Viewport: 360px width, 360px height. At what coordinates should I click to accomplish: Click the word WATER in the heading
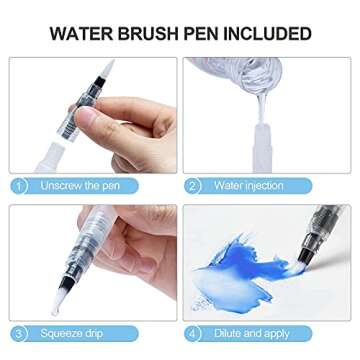(x=83, y=34)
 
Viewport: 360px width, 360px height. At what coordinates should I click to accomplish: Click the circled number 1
(x=21, y=186)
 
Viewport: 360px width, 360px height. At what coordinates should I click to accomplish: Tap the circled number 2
(x=194, y=186)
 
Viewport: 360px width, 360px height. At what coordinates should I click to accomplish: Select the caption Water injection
(x=249, y=186)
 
